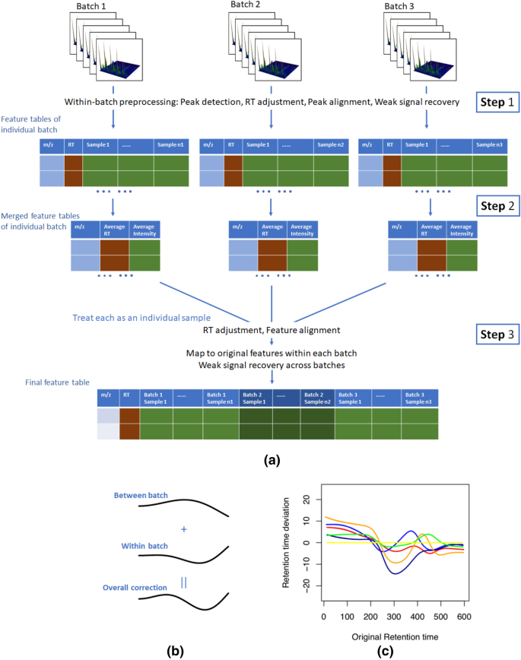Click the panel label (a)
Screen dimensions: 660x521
coord(272,460)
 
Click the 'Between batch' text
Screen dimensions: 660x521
coord(141,497)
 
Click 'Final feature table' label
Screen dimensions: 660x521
coord(40,383)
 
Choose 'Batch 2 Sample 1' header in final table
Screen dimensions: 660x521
coord(255,398)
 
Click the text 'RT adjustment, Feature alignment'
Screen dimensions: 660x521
coord(272,330)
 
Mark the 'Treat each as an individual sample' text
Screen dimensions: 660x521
coord(141,317)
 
